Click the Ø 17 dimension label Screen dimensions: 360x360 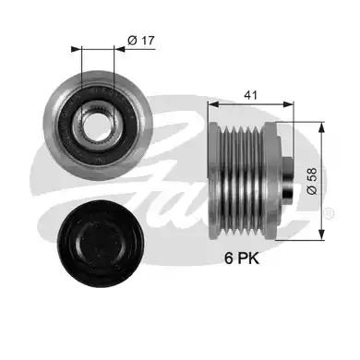139,40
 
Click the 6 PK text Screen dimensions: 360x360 243,261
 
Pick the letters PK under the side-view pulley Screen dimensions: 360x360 249,261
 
